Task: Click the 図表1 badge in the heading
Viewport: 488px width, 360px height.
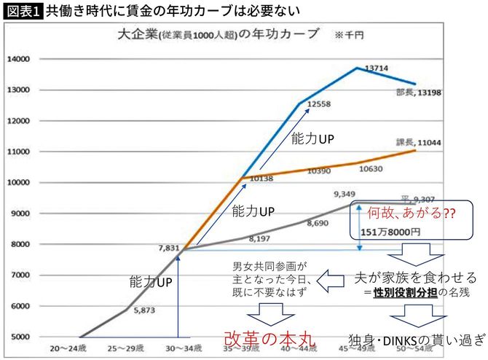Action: (x=22, y=11)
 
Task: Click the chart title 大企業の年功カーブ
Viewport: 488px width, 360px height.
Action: (x=219, y=34)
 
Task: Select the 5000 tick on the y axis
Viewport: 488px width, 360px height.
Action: (x=20, y=337)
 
